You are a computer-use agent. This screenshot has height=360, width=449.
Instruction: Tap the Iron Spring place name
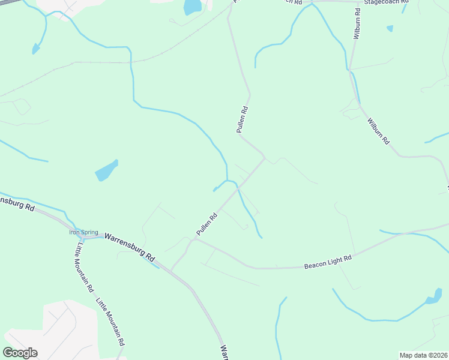[x=83, y=232]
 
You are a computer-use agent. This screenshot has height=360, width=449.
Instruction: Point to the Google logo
[x=20, y=352]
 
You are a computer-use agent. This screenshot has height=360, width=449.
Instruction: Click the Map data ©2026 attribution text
[x=423, y=355]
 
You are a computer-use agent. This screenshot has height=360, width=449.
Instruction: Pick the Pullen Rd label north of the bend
[x=242, y=119]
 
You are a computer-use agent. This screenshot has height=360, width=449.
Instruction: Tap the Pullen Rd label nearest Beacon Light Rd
[x=205, y=224]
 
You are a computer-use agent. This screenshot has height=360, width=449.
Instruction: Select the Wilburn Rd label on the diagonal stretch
[x=378, y=131]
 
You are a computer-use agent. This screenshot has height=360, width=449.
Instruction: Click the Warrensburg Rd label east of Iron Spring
[x=130, y=246]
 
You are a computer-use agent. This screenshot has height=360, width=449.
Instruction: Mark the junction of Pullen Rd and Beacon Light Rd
[x=193, y=240]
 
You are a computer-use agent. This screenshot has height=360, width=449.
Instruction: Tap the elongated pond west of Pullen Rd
[x=106, y=172]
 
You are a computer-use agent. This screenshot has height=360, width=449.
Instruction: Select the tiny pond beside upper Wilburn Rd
[x=390, y=28]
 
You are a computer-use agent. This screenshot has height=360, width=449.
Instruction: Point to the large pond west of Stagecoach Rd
[x=192, y=7]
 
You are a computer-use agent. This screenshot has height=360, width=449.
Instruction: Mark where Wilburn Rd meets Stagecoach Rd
[x=360, y=3]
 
